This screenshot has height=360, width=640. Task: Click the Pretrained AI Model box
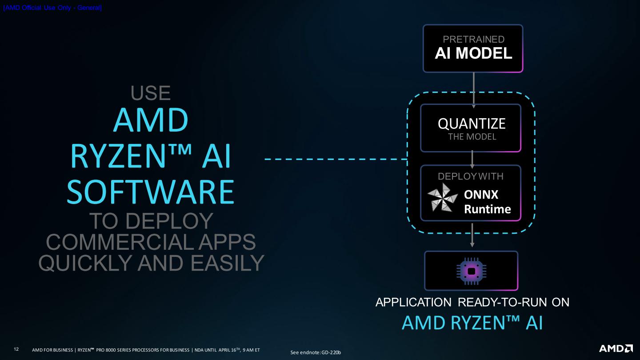click(x=473, y=48)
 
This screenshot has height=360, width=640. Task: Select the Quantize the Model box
click(x=471, y=128)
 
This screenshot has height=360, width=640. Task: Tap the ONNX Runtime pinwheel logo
click(x=442, y=197)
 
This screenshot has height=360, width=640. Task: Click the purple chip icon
click(x=471, y=271)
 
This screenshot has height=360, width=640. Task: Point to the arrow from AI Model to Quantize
click(x=474, y=89)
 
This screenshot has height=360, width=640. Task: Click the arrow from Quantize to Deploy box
click(x=472, y=159)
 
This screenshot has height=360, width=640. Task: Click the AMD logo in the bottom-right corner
click(x=616, y=348)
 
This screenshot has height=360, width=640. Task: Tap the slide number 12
click(x=16, y=349)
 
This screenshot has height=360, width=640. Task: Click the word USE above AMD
click(x=151, y=93)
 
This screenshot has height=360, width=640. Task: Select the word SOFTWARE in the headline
click(x=151, y=192)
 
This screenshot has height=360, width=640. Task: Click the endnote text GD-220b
click(x=331, y=352)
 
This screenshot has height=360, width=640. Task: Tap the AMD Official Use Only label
click(x=52, y=8)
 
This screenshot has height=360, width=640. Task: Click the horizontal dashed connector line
click(x=336, y=159)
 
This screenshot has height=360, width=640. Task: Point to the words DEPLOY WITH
click(x=471, y=176)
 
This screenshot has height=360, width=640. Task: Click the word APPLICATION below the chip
click(x=413, y=302)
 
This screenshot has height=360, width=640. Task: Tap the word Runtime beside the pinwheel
click(x=487, y=209)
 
